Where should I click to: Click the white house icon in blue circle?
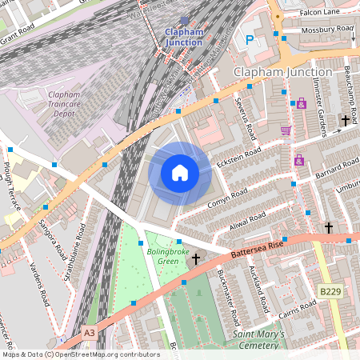coord(180,172)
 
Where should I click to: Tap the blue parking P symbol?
coord(250,39)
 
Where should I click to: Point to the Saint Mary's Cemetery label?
coord(258,339)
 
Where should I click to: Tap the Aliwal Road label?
coord(246,222)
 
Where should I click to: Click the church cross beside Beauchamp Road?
coord(345,120)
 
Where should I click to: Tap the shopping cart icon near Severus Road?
coord(286,130)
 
